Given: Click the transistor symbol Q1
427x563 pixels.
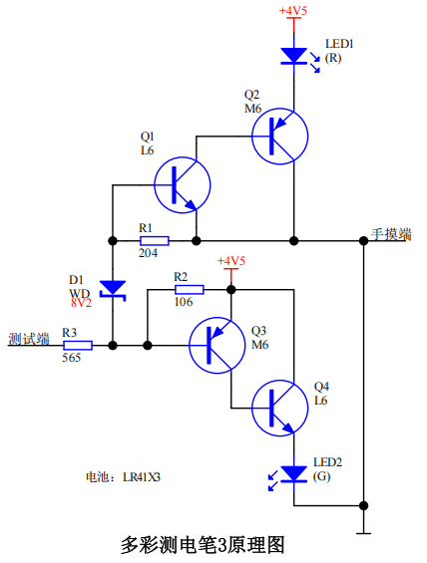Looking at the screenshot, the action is point(183,185).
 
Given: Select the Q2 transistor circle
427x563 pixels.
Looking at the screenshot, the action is point(280,137).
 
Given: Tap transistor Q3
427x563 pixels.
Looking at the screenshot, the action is point(217,345).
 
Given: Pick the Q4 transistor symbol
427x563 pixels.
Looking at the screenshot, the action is point(280,408).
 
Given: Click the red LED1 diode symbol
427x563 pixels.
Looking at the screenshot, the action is point(294,56).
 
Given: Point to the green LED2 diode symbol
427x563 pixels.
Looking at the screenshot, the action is point(294,474).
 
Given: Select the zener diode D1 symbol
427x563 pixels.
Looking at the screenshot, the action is point(113,289).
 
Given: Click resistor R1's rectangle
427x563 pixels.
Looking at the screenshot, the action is point(155,240).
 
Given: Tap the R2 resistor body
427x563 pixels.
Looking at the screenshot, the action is point(190,289).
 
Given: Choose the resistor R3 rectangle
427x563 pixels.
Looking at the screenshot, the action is point(78,346).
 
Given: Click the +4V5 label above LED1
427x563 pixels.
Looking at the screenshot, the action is point(293,11).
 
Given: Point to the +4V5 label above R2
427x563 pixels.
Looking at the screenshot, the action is point(231,261).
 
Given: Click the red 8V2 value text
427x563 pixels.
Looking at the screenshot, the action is point(81,303).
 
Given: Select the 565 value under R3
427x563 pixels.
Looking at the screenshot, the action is point(71,358).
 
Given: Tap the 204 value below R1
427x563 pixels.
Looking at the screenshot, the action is point(148,253).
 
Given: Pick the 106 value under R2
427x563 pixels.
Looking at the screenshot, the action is point(184,302).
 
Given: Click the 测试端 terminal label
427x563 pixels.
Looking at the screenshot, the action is point(29,339).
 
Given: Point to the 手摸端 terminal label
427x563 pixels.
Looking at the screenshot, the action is point(391,234).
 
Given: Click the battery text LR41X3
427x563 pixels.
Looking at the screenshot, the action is point(142,477).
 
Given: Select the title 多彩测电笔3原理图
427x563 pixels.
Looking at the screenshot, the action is point(203,545).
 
